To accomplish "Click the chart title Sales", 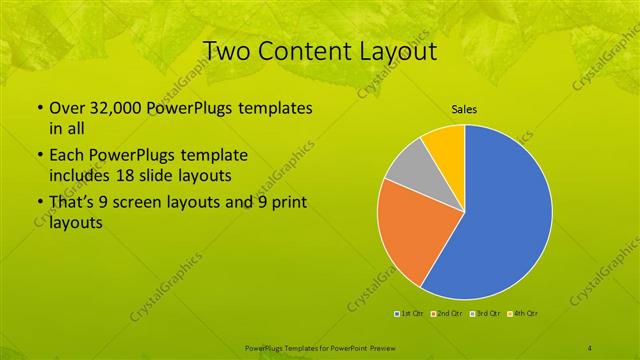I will point(463,109).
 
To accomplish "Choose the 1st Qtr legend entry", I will point(410,314).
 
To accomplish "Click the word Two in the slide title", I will point(229,50).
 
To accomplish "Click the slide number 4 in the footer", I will point(590,348).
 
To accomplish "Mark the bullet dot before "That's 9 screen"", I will point(39,204).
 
